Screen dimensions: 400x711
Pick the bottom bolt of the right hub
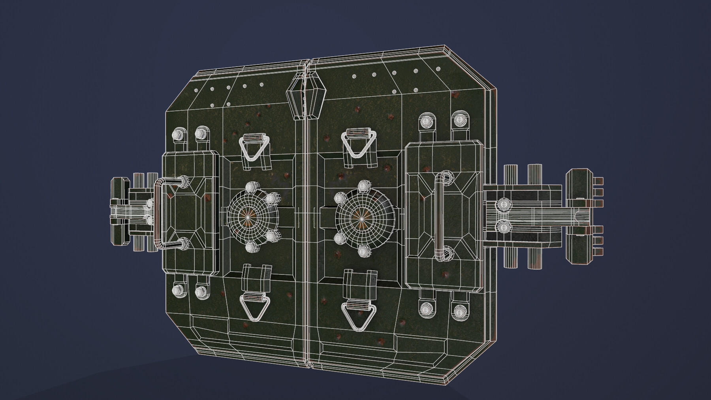tap(362, 250)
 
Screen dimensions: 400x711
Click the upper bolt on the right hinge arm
tap(503, 204)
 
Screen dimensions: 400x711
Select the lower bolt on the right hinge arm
tap(503, 227)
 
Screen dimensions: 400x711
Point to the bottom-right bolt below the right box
tap(459, 310)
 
